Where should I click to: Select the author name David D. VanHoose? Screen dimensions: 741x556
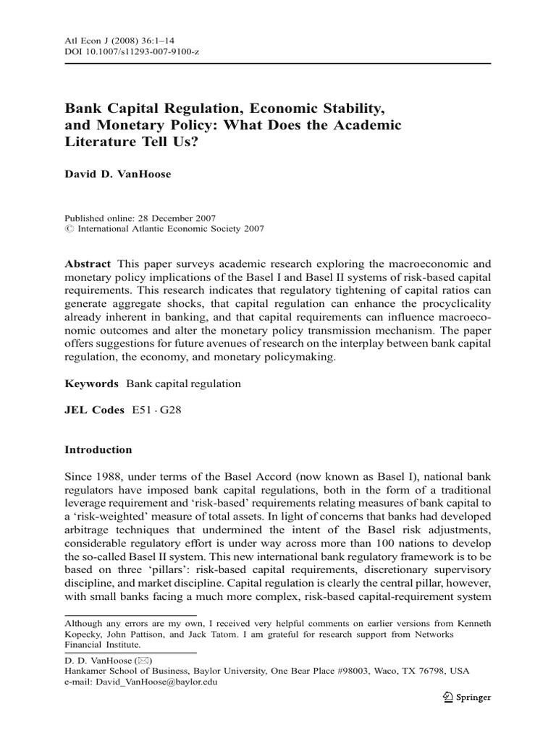(x=118, y=174)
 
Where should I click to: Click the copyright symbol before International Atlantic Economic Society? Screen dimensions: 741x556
(x=69, y=228)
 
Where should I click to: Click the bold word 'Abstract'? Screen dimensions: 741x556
(x=88, y=264)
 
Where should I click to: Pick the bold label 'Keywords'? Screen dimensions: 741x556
(x=91, y=384)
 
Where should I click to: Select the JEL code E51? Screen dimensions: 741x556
(x=143, y=410)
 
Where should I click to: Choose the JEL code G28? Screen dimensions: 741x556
(x=171, y=410)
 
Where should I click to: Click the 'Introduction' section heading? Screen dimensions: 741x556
(x=98, y=449)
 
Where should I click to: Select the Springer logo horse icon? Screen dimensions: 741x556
(x=446, y=698)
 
